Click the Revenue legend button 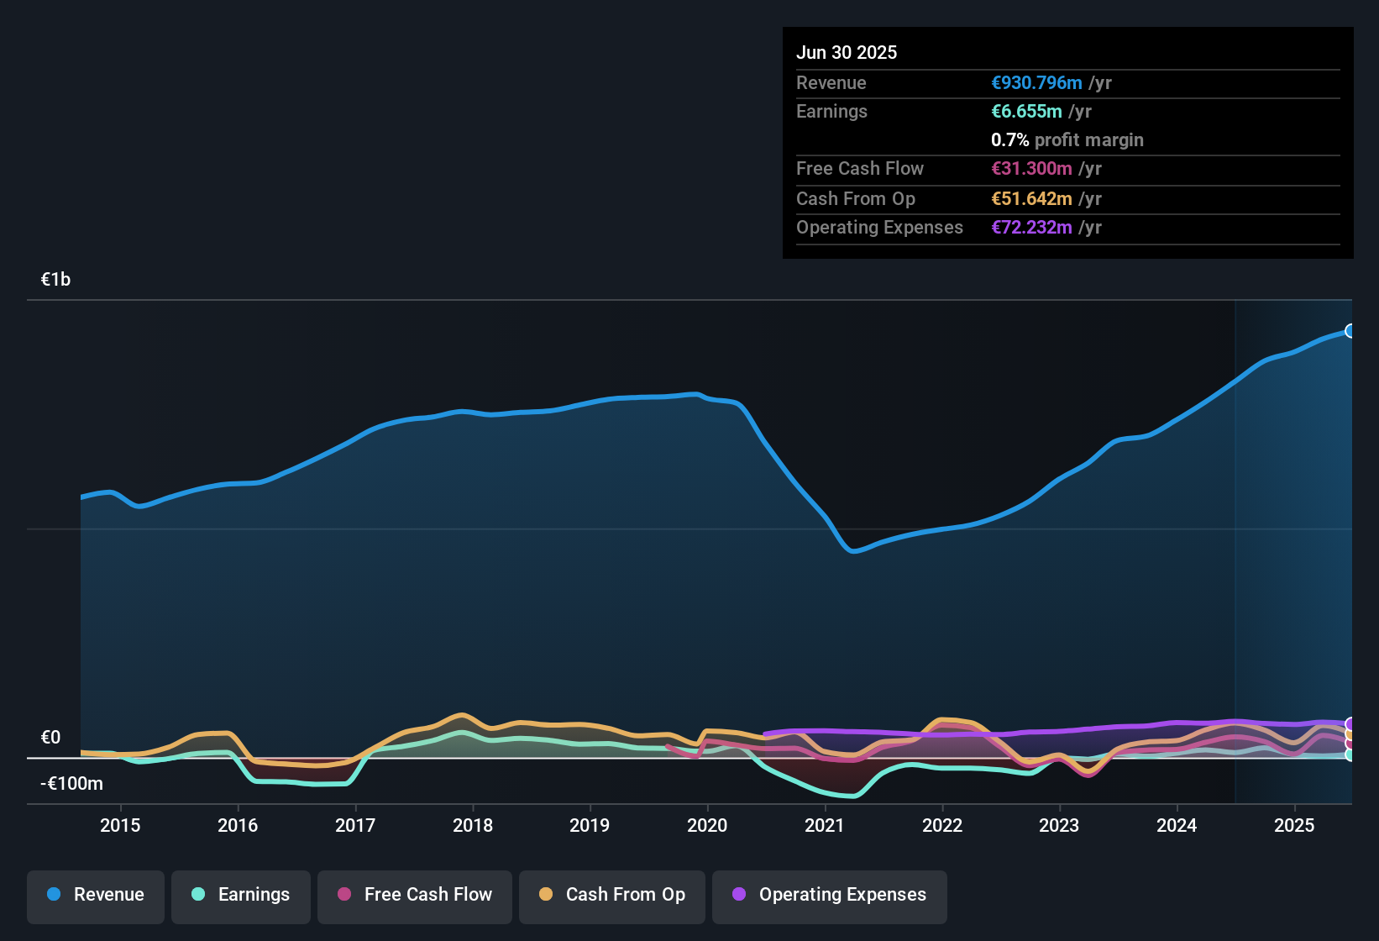96,895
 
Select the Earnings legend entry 241,895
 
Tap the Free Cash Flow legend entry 415,895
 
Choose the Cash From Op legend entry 612,895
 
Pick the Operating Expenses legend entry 830,895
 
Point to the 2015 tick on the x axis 120,825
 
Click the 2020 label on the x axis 707,825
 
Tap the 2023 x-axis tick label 1059,825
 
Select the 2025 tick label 1294,825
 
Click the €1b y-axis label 55,280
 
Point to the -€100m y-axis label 71,784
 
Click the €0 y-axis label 50,738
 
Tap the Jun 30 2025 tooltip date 847,53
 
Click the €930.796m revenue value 1036,83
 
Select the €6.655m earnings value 1026,112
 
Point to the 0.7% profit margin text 1067,140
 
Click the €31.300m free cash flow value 1031,169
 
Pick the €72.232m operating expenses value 1031,228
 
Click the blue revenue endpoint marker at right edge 1350,331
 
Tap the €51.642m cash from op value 1031,199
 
